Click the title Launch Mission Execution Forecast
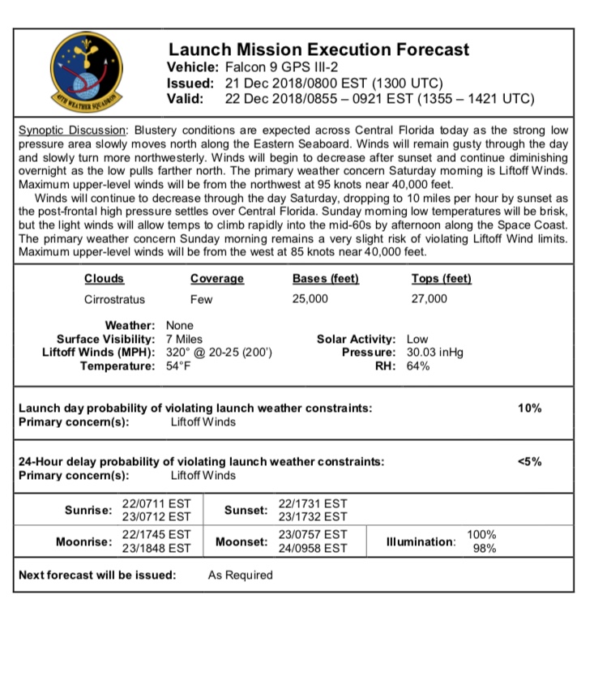tap(318, 50)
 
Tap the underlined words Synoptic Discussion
tap(71, 130)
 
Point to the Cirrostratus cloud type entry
tap(114, 299)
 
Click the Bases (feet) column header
tap(325, 279)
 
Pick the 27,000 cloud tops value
tap(429, 299)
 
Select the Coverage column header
tap(216, 279)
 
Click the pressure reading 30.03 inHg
tap(436, 353)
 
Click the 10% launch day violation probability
tap(529, 408)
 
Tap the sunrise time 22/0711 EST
tap(156, 503)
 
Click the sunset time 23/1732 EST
tap(313, 516)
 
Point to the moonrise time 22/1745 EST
tap(156, 534)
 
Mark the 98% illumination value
tap(484, 548)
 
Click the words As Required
tap(241, 575)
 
